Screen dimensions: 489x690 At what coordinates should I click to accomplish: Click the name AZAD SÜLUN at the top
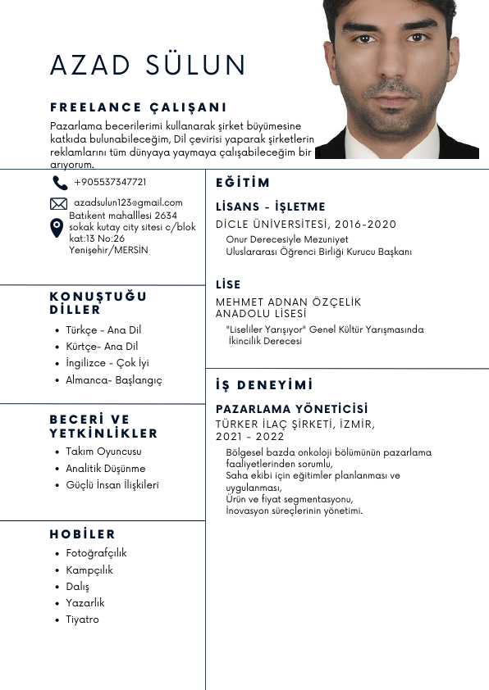(149, 65)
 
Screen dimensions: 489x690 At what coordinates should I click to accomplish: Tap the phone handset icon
(59, 183)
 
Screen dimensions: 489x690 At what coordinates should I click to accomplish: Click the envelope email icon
(59, 203)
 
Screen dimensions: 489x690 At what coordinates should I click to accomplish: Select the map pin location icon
(57, 228)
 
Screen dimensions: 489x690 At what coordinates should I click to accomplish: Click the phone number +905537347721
(110, 182)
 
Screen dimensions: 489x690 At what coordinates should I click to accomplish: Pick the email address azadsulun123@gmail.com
(128, 202)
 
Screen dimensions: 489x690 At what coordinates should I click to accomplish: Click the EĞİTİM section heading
(243, 183)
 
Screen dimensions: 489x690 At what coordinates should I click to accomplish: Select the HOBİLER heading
(82, 534)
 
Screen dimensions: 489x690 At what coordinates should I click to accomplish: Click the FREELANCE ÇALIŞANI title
(138, 107)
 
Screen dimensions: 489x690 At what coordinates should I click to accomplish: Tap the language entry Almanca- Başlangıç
(114, 380)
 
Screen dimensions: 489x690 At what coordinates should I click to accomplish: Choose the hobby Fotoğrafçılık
(96, 553)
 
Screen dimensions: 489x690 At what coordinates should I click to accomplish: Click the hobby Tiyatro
(82, 620)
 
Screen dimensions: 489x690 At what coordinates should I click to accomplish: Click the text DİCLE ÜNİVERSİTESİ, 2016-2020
(306, 225)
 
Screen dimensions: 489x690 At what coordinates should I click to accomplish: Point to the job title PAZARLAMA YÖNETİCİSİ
(292, 409)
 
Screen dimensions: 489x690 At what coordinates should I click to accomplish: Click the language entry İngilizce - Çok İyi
(107, 363)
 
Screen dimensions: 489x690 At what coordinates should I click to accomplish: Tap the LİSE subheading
(228, 284)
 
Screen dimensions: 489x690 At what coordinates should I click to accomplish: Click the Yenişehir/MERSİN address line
(108, 250)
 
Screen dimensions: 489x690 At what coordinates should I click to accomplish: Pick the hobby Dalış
(77, 587)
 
